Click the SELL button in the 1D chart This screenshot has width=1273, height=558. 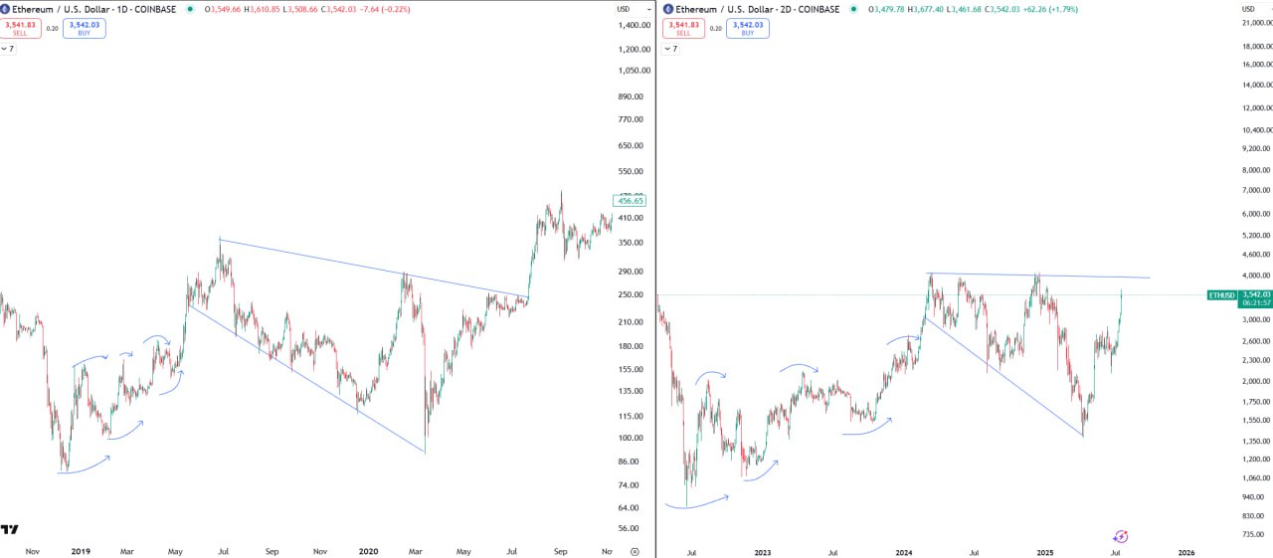click(20, 28)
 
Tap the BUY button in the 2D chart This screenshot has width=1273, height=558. click(747, 28)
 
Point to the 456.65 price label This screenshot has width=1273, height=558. click(632, 201)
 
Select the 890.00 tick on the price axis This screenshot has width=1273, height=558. click(631, 96)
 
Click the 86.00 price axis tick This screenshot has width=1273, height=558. click(629, 462)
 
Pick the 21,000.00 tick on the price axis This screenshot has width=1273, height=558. click(1256, 22)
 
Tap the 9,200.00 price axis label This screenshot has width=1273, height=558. click(1255, 148)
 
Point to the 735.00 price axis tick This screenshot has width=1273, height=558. click(1253, 534)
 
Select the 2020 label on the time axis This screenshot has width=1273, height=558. click(368, 551)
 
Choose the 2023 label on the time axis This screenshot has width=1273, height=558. click(763, 551)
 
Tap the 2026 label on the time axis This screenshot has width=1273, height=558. click(1186, 551)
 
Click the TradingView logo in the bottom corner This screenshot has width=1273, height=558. click(10, 530)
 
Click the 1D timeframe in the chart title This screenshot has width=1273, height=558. click(123, 9)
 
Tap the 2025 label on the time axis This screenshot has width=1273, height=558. click(1044, 551)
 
